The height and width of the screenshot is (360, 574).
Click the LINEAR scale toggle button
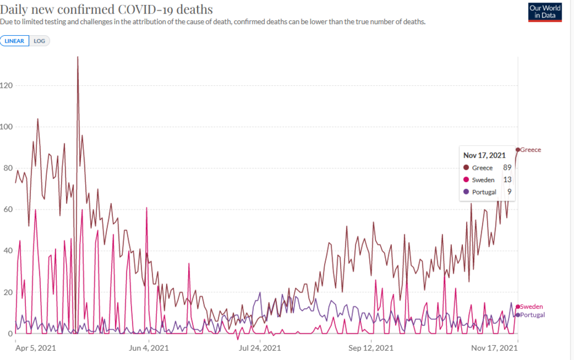tap(14, 41)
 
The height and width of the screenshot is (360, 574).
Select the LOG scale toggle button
tap(39, 41)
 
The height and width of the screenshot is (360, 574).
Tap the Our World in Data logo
tap(545, 12)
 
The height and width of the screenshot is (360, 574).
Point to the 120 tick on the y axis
tap(7, 86)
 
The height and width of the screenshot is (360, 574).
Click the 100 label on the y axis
tap(7, 127)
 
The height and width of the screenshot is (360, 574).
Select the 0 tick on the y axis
tap(3, 334)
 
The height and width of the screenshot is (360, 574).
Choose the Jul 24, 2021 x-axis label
tap(260, 348)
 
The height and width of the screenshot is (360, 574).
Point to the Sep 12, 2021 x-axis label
tap(371, 348)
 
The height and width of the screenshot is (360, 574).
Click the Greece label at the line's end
tap(531, 150)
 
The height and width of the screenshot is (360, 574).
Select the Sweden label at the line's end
tap(532, 307)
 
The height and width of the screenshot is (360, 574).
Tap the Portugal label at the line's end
tap(533, 315)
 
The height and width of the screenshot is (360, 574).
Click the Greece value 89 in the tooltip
tap(507, 167)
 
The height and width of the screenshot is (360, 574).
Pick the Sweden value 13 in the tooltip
tap(507, 180)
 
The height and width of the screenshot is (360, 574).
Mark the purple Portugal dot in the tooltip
tap(465, 192)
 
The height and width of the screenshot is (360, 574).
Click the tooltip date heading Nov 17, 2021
tap(485, 155)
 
